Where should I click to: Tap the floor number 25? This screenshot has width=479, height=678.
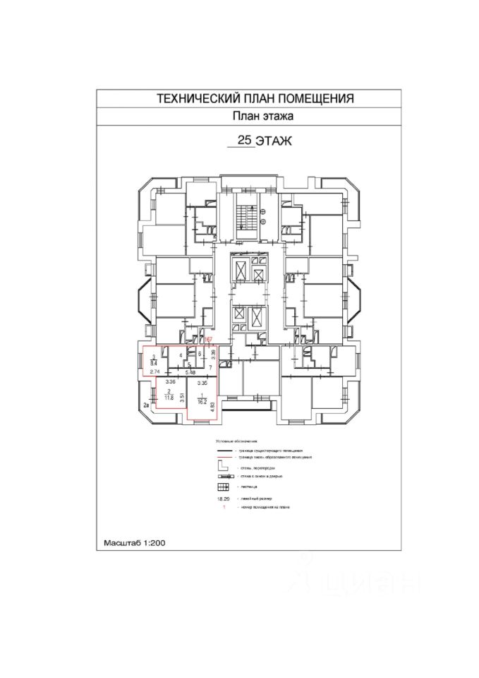(245, 141)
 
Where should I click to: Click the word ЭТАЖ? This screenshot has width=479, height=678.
(274, 142)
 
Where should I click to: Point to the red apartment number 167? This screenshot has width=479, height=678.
(208, 340)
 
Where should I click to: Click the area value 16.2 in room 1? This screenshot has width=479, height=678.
(202, 403)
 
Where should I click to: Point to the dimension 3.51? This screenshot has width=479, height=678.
(182, 397)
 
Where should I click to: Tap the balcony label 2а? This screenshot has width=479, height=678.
(146, 405)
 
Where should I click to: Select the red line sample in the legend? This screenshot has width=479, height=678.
(225, 457)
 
